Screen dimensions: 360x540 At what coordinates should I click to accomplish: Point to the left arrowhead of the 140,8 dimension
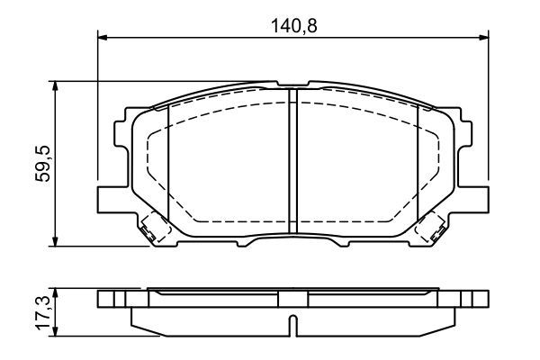pyautogui.click(x=102, y=37)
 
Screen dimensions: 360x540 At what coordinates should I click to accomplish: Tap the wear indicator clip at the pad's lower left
pyautogui.click(x=151, y=229)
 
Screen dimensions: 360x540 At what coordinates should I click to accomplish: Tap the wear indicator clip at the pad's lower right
pyautogui.click(x=434, y=229)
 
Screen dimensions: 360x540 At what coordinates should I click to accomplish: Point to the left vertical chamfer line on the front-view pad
pyautogui.click(x=168, y=162)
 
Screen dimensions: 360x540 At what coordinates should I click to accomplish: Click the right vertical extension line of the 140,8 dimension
pyautogui.click(x=487, y=108)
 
